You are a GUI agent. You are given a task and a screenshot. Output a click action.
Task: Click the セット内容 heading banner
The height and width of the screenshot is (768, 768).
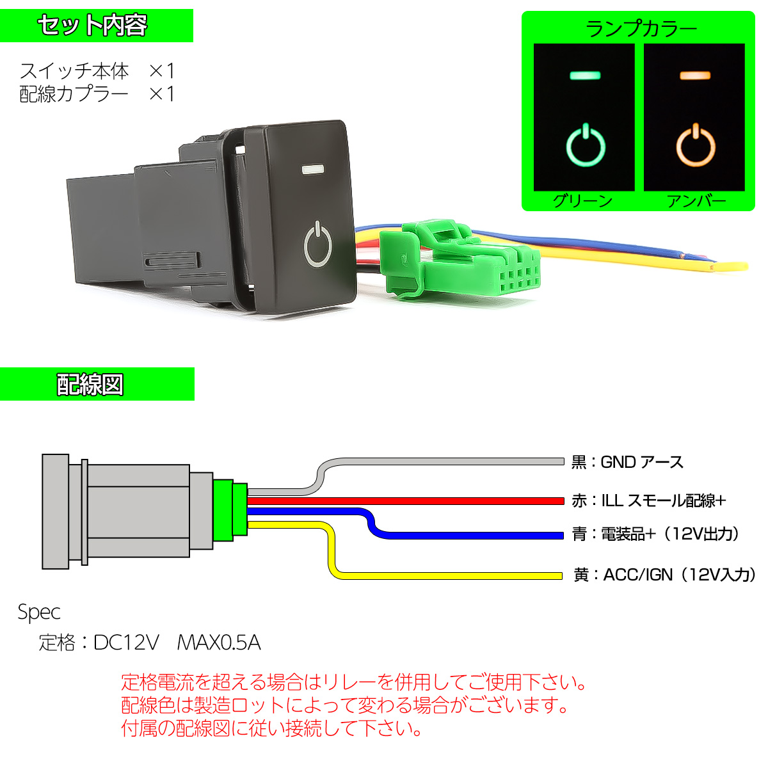(96, 26)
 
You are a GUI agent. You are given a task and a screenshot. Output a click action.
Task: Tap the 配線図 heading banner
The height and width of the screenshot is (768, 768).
(96, 384)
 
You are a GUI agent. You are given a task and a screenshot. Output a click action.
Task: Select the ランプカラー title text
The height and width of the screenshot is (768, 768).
(640, 29)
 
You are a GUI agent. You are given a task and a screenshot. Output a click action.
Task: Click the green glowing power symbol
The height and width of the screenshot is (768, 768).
(585, 145)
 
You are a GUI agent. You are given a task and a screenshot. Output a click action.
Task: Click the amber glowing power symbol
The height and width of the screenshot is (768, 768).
(696, 145)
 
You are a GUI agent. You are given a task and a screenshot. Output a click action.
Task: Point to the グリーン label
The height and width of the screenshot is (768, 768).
(583, 201)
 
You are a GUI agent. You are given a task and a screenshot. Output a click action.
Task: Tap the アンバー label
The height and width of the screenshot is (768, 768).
(696, 201)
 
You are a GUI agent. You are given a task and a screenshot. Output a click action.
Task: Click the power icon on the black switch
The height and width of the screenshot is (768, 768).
(317, 244)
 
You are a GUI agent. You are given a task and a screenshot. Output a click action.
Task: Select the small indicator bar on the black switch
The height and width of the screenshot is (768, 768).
(311, 170)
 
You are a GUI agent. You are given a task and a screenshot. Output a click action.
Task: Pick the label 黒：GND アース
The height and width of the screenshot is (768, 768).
(627, 462)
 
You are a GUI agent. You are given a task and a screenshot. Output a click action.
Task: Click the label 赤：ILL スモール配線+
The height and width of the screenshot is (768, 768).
(648, 500)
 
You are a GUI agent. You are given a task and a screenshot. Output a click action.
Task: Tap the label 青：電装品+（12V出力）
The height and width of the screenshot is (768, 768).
(656, 534)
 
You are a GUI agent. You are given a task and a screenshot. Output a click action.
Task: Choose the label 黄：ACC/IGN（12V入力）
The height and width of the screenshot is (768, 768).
(664, 575)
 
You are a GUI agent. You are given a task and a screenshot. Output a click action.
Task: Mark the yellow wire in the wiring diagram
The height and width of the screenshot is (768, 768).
(448, 576)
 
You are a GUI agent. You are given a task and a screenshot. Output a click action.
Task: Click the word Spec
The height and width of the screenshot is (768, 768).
(39, 612)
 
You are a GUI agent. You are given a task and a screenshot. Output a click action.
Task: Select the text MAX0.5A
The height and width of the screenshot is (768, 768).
(218, 642)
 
